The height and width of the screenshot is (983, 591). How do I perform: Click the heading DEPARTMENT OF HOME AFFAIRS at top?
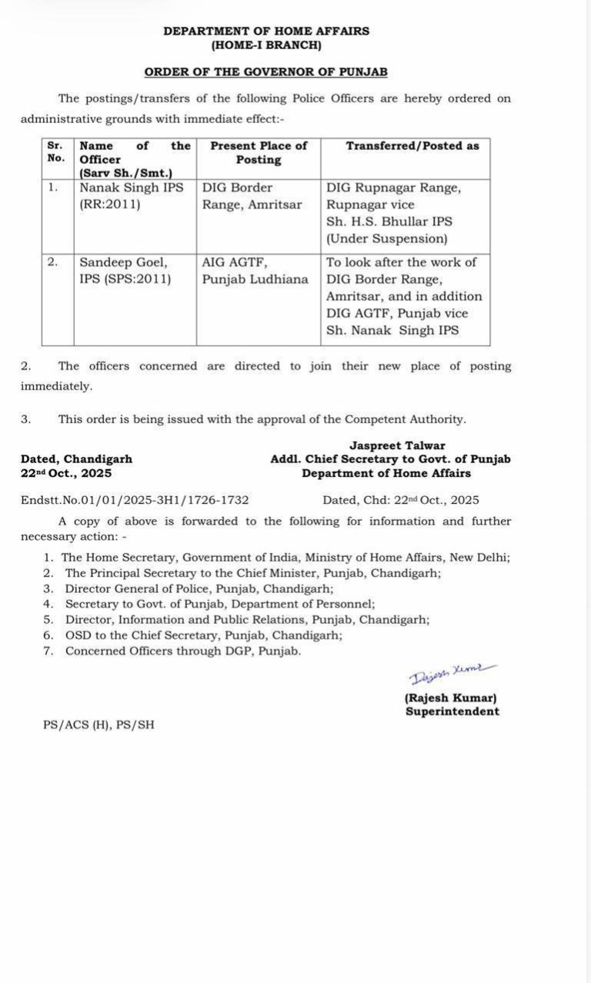tap(265, 32)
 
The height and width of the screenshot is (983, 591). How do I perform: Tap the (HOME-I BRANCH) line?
tap(265, 45)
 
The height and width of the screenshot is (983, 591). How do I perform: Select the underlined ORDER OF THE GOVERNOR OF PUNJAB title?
tap(265, 72)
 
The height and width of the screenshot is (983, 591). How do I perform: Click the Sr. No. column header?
tap(56, 152)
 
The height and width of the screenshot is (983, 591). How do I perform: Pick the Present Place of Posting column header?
tap(258, 152)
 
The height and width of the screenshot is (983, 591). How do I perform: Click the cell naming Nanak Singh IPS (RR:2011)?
tap(131, 195)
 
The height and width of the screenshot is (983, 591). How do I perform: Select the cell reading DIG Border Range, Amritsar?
tap(252, 195)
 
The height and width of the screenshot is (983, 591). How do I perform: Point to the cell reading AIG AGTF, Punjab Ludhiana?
tap(255, 270)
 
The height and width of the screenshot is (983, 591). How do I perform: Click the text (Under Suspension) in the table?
tap(386, 239)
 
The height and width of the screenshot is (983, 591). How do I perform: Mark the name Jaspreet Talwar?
tap(397, 445)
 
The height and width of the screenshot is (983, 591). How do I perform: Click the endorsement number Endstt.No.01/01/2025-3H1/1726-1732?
tap(135, 500)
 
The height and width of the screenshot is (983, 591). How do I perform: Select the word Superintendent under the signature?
tap(452, 711)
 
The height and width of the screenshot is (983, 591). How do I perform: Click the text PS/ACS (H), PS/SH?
tap(98, 725)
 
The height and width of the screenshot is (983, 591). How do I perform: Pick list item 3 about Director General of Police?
tap(199, 589)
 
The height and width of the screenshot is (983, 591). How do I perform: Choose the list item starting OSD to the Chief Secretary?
tap(203, 635)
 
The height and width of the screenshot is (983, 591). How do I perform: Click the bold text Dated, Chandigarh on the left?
tap(76, 459)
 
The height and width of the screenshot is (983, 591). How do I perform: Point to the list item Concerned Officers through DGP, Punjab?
tap(182, 651)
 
